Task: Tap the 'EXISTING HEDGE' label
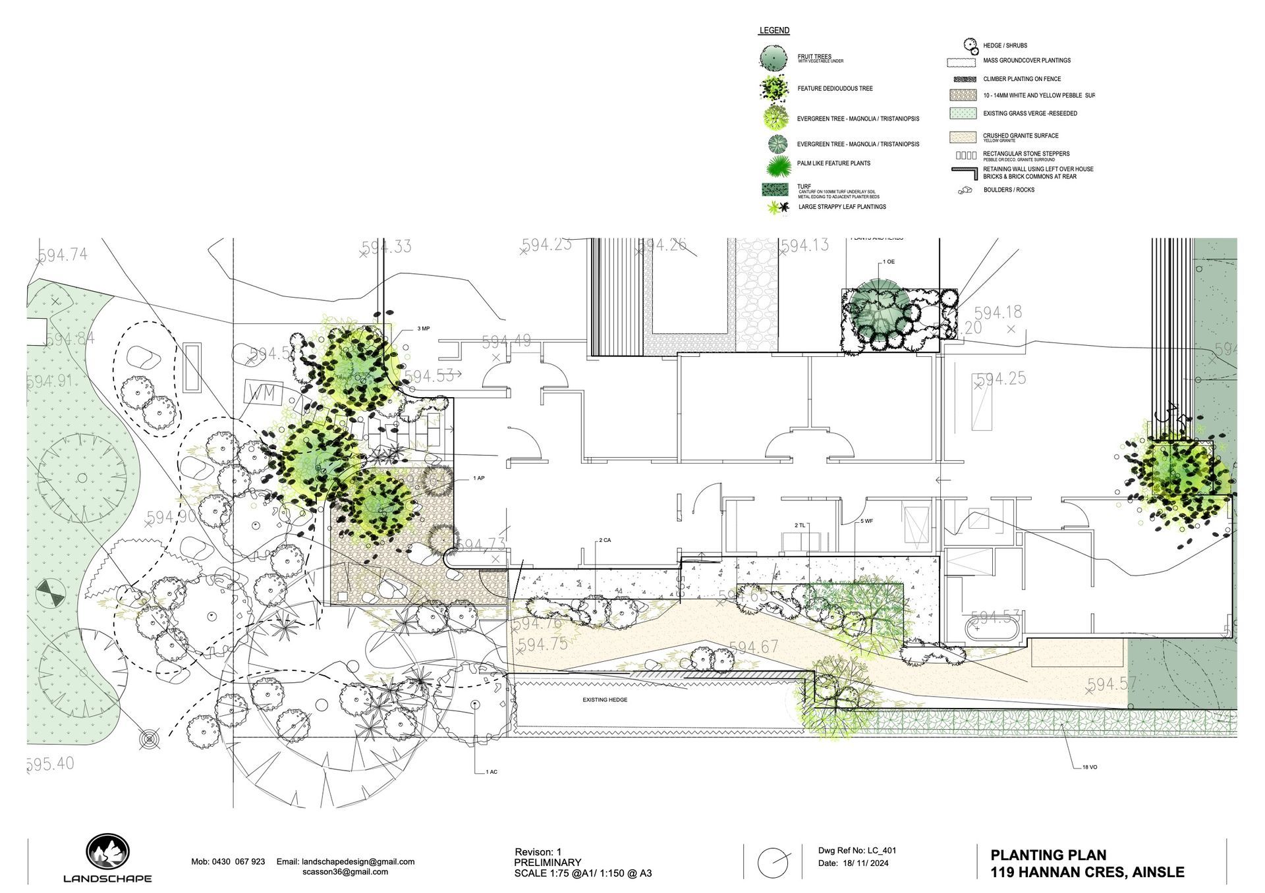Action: point(605,700)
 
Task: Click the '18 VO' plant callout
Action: point(1089,767)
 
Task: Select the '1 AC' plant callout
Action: point(491,772)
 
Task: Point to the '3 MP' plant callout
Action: point(423,328)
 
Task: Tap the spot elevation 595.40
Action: point(51,764)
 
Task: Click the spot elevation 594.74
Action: point(63,256)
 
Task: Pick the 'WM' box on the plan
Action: point(264,394)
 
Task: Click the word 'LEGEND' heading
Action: point(774,31)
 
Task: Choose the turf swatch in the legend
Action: point(774,190)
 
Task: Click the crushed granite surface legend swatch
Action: point(962,138)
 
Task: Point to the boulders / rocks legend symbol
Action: point(965,190)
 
